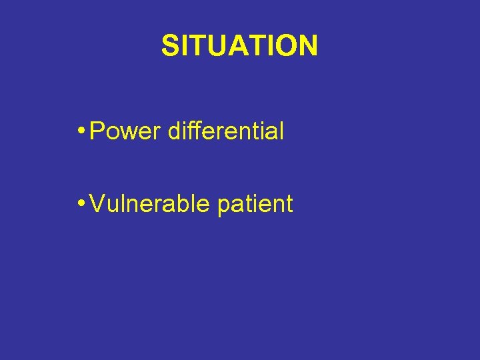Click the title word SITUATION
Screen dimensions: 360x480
tap(239, 46)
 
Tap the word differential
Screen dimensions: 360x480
tap(226, 131)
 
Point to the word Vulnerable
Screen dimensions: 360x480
tap(149, 203)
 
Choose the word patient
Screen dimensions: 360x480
tap(255, 204)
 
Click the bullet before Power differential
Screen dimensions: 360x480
tap(81, 131)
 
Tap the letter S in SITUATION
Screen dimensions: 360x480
tap(170, 46)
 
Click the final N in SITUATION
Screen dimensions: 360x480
tap(307, 46)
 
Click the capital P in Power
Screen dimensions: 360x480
tap(97, 131)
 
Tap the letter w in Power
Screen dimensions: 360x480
tap(129, 133)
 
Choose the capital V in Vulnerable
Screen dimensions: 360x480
tap(97, 203)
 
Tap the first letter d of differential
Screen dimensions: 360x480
tap(175, 131)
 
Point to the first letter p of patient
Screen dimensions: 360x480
tap(224, 205)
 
